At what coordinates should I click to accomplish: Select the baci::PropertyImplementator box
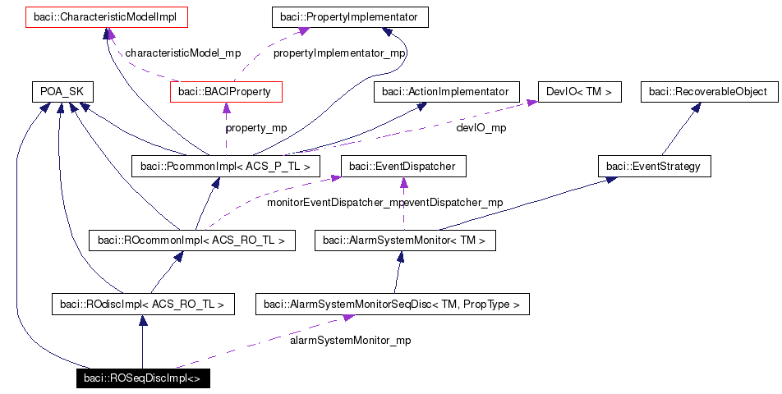pos(350,16)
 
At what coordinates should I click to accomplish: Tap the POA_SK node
pos(62,92)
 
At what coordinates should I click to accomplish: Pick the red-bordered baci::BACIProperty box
pos(226,92)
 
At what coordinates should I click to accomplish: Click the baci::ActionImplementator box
pos(446,92)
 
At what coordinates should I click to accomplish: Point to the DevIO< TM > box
pos(579,92)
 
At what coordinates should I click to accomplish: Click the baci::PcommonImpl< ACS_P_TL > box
pos(225,167)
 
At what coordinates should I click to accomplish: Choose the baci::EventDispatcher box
pos(402,167)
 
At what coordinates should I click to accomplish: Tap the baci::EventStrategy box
pos(654,167)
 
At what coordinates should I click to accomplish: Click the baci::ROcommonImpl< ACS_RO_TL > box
pos(191,241)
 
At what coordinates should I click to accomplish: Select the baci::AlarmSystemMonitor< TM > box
pos(405,241)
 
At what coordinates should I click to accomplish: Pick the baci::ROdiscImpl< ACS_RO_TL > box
pos(142,305)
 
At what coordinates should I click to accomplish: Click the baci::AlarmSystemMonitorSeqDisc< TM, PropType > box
pos(392,305)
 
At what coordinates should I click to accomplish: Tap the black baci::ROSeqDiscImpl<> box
pos(141,378)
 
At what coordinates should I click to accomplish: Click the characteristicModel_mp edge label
pos(182,53)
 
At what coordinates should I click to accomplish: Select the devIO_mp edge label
pos(481,128)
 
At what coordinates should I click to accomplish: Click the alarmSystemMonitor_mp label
pos(351,340)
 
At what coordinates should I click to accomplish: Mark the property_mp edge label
pos(256,128)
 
